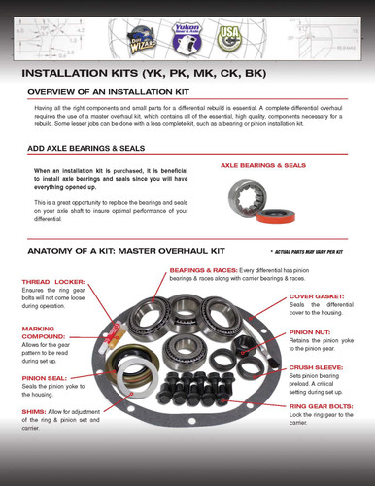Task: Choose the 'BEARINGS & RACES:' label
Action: [200, 270]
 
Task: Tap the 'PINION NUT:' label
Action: [308, 331]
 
